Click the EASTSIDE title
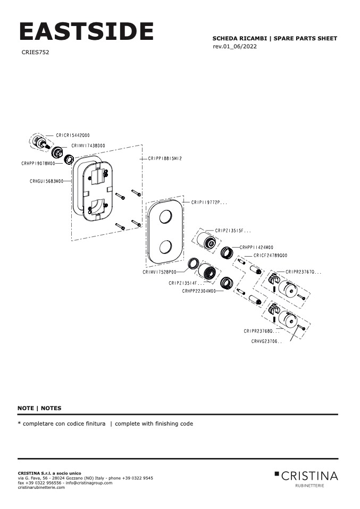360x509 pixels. coord(86,32)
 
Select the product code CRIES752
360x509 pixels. coord(36,53)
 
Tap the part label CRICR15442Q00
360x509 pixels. coord(73,135)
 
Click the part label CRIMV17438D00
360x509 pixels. coord(88,146)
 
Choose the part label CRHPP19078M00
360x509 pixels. coord(38,164)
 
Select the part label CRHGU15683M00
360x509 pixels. coord(46,181)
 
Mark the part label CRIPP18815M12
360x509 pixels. coord(165,159)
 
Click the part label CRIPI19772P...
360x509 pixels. coord(209,202)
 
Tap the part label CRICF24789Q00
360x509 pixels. coord(270,256)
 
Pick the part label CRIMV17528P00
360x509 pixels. coord(160,272)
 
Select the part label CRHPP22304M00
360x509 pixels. coord(199,291)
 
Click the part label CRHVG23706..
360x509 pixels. coord(266,342)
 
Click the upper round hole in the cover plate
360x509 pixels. coord(165,217)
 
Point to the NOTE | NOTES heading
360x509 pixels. coord(39,408)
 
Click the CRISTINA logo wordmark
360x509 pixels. coord(309,475)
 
